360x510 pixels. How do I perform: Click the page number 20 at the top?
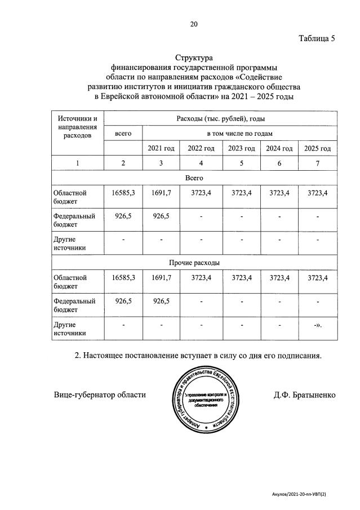(194, 24)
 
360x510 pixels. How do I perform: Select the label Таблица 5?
(317, 39)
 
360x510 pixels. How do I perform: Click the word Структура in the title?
(194, 57)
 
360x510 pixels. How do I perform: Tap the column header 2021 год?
(161, 148)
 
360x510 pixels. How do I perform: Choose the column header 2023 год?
(242, 148)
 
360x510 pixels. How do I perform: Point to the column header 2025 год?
(318, 148)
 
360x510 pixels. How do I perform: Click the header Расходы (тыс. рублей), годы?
(221, 119)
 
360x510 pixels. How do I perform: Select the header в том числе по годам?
(240, 134)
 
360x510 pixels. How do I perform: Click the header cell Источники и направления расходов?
(78, 127)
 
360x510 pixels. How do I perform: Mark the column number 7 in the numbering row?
(318, 163)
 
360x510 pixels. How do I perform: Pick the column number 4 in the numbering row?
(201, 163)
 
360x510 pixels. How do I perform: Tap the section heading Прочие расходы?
(194, 263)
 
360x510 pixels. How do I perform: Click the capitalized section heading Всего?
(194, 178)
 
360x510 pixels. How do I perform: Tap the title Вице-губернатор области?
(100, 395)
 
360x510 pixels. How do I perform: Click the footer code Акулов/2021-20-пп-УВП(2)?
(302, 494)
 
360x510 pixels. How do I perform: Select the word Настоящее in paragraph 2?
(111, 356)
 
